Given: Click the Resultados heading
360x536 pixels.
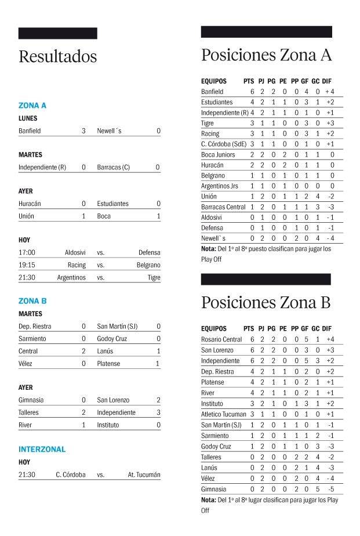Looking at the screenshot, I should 57,57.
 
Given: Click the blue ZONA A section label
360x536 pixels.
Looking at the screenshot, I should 32,106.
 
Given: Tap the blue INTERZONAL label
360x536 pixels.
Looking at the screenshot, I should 42,449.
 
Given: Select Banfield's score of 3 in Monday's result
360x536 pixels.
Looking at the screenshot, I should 83,131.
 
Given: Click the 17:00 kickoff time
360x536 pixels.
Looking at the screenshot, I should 27,252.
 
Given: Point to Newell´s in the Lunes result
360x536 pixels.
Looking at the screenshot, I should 109,131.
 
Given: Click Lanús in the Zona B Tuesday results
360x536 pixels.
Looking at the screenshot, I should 105,351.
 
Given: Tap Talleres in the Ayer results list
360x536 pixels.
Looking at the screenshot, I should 29,412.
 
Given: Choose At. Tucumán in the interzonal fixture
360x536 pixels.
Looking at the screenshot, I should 144,475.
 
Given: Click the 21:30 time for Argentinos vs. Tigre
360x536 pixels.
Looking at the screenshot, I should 27,278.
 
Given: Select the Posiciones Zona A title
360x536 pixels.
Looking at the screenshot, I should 266,55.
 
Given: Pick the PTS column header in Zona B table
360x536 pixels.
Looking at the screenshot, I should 249,328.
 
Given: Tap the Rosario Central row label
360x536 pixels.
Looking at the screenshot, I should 221,339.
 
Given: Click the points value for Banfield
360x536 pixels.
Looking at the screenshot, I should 252,92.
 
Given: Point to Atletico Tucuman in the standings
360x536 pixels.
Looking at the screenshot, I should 223,414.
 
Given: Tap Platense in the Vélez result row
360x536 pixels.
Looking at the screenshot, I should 108,364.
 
